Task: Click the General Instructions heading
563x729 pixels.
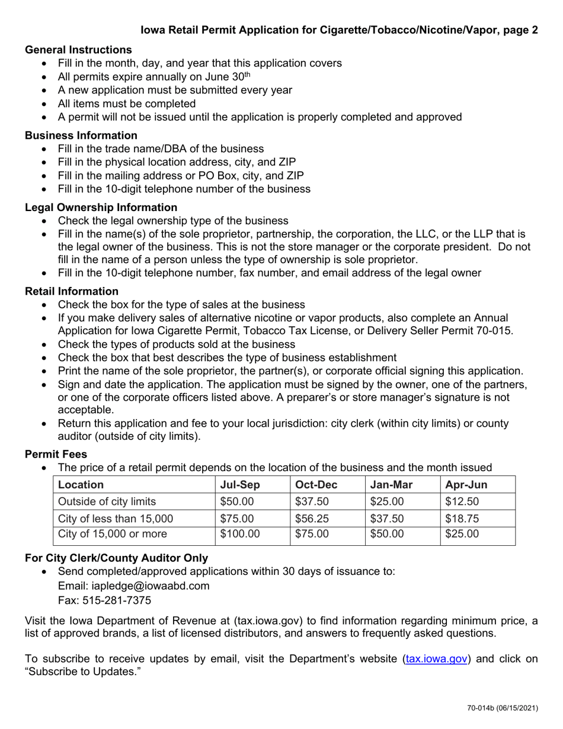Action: pyautogui.click(x=78, y=49)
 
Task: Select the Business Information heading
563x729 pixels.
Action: pyautogui.click(x=81, y=135)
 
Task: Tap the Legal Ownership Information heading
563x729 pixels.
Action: pyautogui.click(x=101, y=207)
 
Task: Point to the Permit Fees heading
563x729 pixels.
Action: pyautogui.click(x=56, y=454)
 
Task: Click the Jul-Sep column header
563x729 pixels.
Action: pyautogui.click(x=239, y=484)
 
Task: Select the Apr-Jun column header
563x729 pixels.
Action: pyautogui.click(x=466, y=484)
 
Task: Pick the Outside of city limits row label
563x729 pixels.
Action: pyautogui.click(x=107, y=501)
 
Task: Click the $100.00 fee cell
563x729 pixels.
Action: pyautogui.click(x=239, y=534)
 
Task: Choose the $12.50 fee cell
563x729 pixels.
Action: pyautogui.click(x=462, y=501)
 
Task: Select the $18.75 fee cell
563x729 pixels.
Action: pyautogui.click(x=462, y=518)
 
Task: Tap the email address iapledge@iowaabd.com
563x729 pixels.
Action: pyautogui.click(x=133, y=586)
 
